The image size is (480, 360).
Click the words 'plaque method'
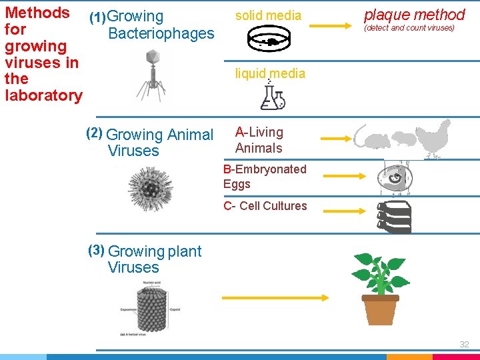tap(414, 14)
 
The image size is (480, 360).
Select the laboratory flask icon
tap(272, 97)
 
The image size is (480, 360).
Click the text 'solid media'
tap(268, 15)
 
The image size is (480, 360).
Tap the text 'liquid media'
tap(270, 73)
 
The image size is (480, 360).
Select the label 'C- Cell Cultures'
tap(265, 206)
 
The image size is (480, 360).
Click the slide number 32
tap(464, 344)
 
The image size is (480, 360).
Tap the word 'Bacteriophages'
tap(161, 33)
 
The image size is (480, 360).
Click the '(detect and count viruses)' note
tap(409, 28)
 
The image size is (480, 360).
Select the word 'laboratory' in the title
tap(43, 95)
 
